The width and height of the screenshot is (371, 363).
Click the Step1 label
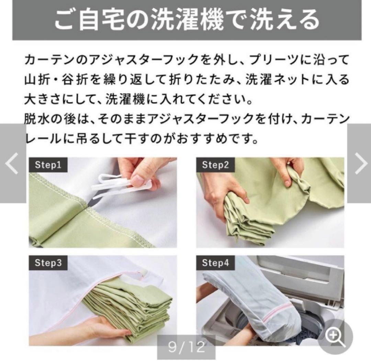(48, 165)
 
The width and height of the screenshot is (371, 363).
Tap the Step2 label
(215, 165)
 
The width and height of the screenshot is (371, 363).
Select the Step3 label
(48, 263)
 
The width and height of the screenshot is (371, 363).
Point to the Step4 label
(215, 263)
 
